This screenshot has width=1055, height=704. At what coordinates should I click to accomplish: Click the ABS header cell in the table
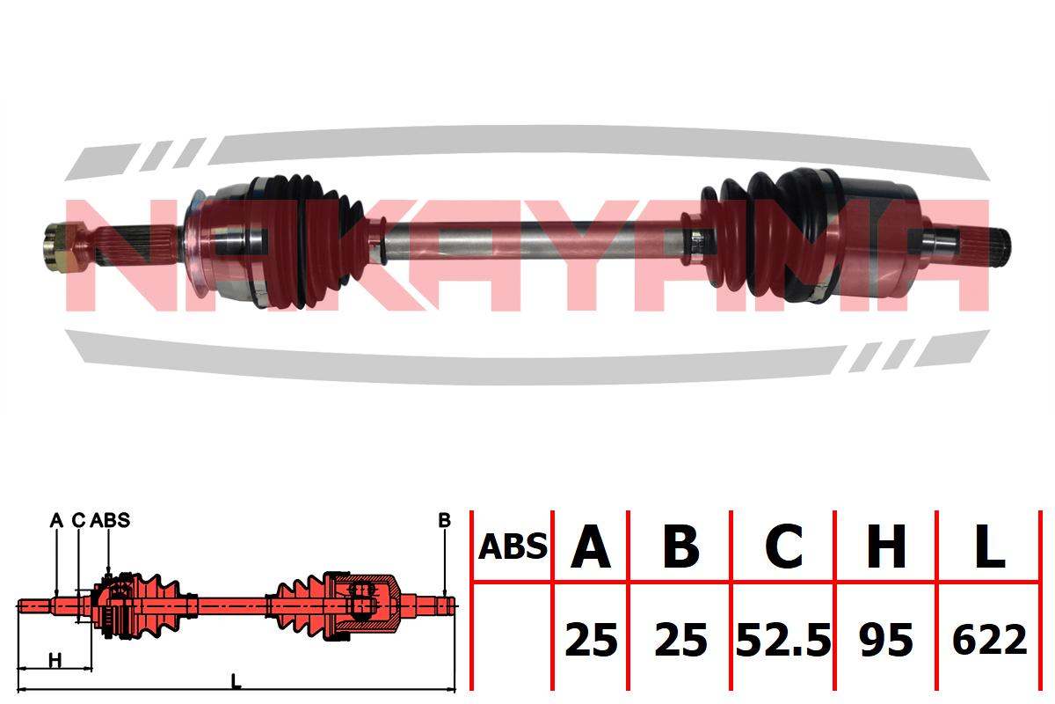(x=513, y=546)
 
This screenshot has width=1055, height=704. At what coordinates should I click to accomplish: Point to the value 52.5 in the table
(x=783, y=640)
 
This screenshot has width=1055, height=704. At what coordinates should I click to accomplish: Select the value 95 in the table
(x=886, y=640)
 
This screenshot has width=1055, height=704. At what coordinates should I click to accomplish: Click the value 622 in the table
(x=990, y=640)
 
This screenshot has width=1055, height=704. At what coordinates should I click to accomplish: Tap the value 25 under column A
(x=591, y=640)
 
